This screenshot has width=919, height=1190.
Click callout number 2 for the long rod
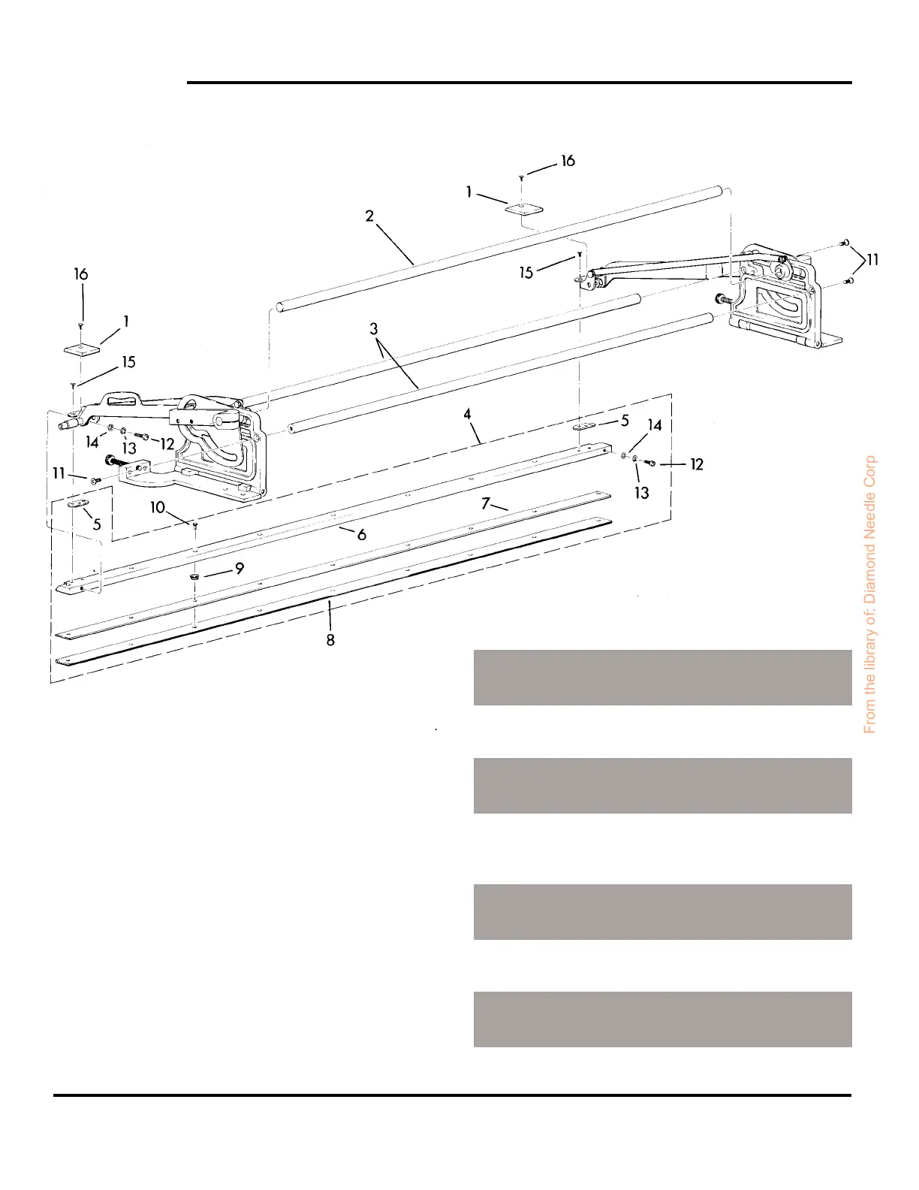tap(369, 216)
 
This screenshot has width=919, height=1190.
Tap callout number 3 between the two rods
tap(373, 329)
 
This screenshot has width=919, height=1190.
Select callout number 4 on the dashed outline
tap(467, 414)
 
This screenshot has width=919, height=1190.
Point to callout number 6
tap(362, 535)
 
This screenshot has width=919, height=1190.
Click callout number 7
tap(486, 503)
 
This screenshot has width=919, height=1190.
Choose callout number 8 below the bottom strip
tap(330, 640)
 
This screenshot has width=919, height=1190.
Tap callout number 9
tap(240, 569)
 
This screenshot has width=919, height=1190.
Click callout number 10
tap(158, 508)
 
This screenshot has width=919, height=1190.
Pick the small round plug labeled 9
tap(194, 575)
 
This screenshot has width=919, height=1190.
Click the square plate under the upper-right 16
tap(524, 208)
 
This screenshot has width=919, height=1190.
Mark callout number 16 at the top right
tap(568, 161)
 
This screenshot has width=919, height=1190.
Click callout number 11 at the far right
tap(872, 260)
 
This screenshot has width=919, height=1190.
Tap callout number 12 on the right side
tap(697, 464)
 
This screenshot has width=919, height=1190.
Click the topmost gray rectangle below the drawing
tap(662, 678)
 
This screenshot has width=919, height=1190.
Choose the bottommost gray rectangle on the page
tap(662, 1019)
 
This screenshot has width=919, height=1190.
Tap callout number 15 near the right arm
tap(526, 272)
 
